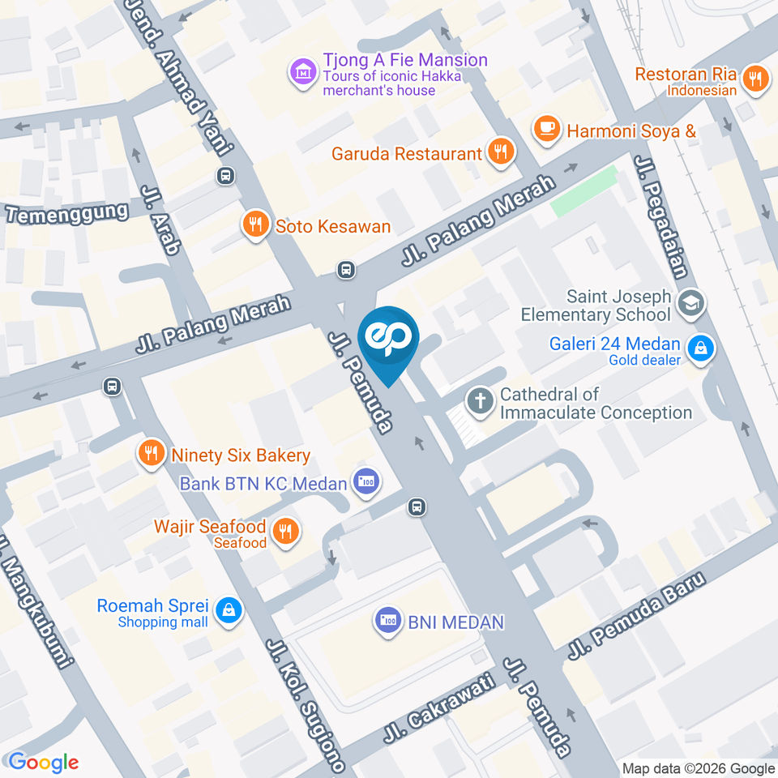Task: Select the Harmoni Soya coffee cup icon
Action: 548,129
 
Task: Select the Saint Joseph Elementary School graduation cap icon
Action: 691,304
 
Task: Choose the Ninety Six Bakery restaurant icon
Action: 150,454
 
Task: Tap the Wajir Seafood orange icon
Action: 284,532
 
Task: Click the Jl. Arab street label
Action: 160,220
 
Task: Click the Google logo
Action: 43,762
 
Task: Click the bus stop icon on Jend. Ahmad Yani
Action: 225,175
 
